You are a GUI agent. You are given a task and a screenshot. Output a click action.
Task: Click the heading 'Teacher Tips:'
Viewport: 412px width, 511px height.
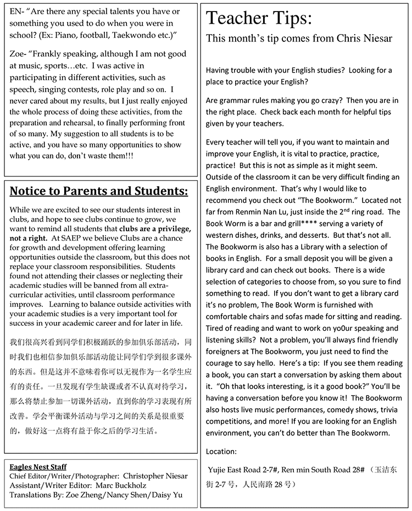point(259,19)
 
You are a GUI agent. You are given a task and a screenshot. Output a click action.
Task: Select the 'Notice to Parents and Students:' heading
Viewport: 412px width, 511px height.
point(99,191)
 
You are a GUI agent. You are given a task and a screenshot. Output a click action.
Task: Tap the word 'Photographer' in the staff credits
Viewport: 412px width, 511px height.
point(94,476)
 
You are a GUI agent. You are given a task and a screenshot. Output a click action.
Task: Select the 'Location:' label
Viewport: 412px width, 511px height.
point(221,452)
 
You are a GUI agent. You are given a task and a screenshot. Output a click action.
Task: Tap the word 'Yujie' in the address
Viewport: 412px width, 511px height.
point(220,470)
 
